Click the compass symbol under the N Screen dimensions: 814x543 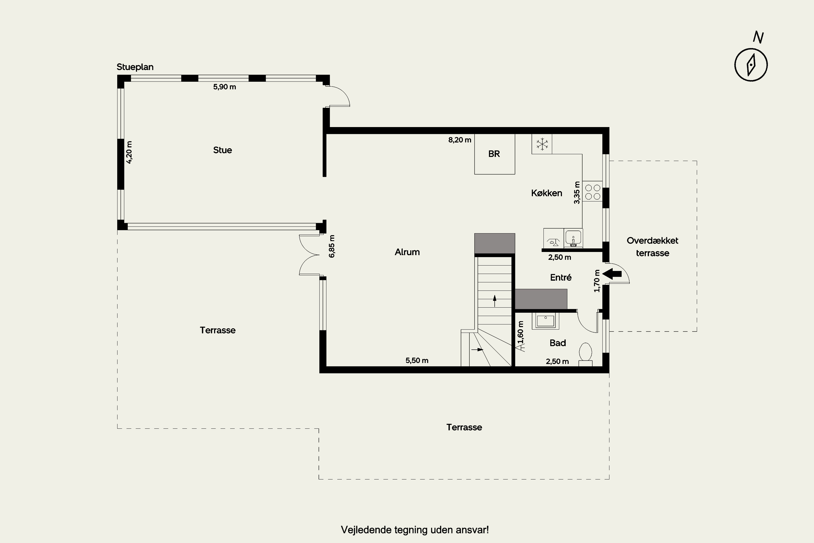pos(751,65)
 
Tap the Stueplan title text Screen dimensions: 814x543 pos(135,67)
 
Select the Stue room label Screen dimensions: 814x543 pos(222,150)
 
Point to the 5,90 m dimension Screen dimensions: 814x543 pos(225,87)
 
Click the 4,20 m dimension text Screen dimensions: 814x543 pos(129,152)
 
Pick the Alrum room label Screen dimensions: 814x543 pos(407,252)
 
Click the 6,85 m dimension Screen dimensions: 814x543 pos(332,246)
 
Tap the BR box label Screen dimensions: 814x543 pos(494,154)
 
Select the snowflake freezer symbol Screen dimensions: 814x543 pos(542,144)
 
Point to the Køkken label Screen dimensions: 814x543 pos(546,193)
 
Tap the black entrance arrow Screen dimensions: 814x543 pos(612,274)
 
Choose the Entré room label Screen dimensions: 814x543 pos(561,277)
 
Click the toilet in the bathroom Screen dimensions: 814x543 pos(586,354)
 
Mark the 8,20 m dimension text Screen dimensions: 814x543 pos(460,140)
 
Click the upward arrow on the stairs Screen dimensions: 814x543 pos(495,301)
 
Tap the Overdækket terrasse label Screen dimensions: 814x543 pos(652,247)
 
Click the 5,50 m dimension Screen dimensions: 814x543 pos(417,361)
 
